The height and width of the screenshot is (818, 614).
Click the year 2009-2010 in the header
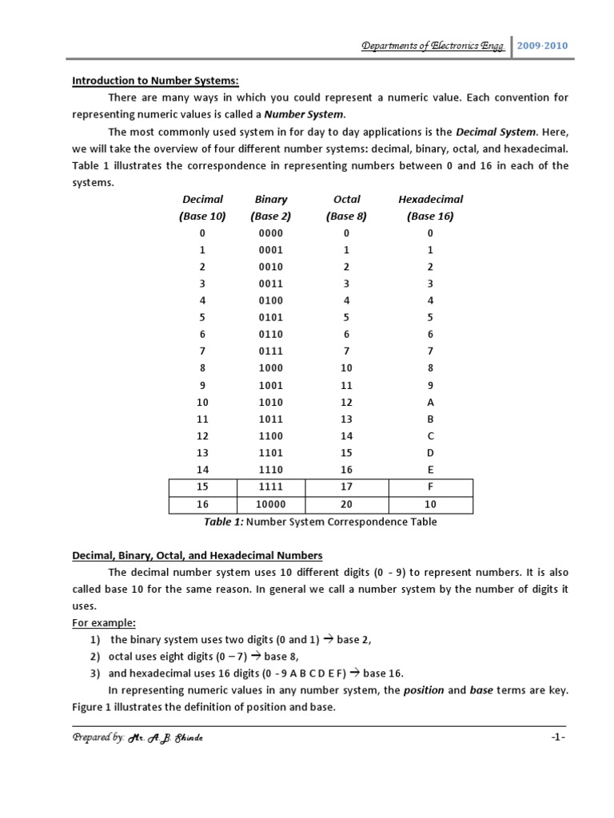click(543, 46)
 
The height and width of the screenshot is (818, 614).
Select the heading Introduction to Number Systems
click(156, 80)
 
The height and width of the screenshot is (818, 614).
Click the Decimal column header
click(202, 199)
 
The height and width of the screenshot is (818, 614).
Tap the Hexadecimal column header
click(430, 199)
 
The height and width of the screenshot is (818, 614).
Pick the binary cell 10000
click(270, 504)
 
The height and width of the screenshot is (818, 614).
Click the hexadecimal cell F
click(430, 487)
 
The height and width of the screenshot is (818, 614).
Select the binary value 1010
click(270, 403)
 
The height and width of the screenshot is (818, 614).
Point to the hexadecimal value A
click(430, 403)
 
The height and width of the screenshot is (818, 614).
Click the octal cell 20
click(347, 504)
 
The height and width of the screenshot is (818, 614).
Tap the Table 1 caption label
click(224, 522)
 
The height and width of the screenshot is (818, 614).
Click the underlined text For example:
click(105, 622)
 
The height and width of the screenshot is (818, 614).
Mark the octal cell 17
click(347, 487)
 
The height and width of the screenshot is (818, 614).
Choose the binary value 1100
click(270, 436)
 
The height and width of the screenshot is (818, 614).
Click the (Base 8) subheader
click(346, 216)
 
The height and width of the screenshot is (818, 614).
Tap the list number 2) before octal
click(95, 656)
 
